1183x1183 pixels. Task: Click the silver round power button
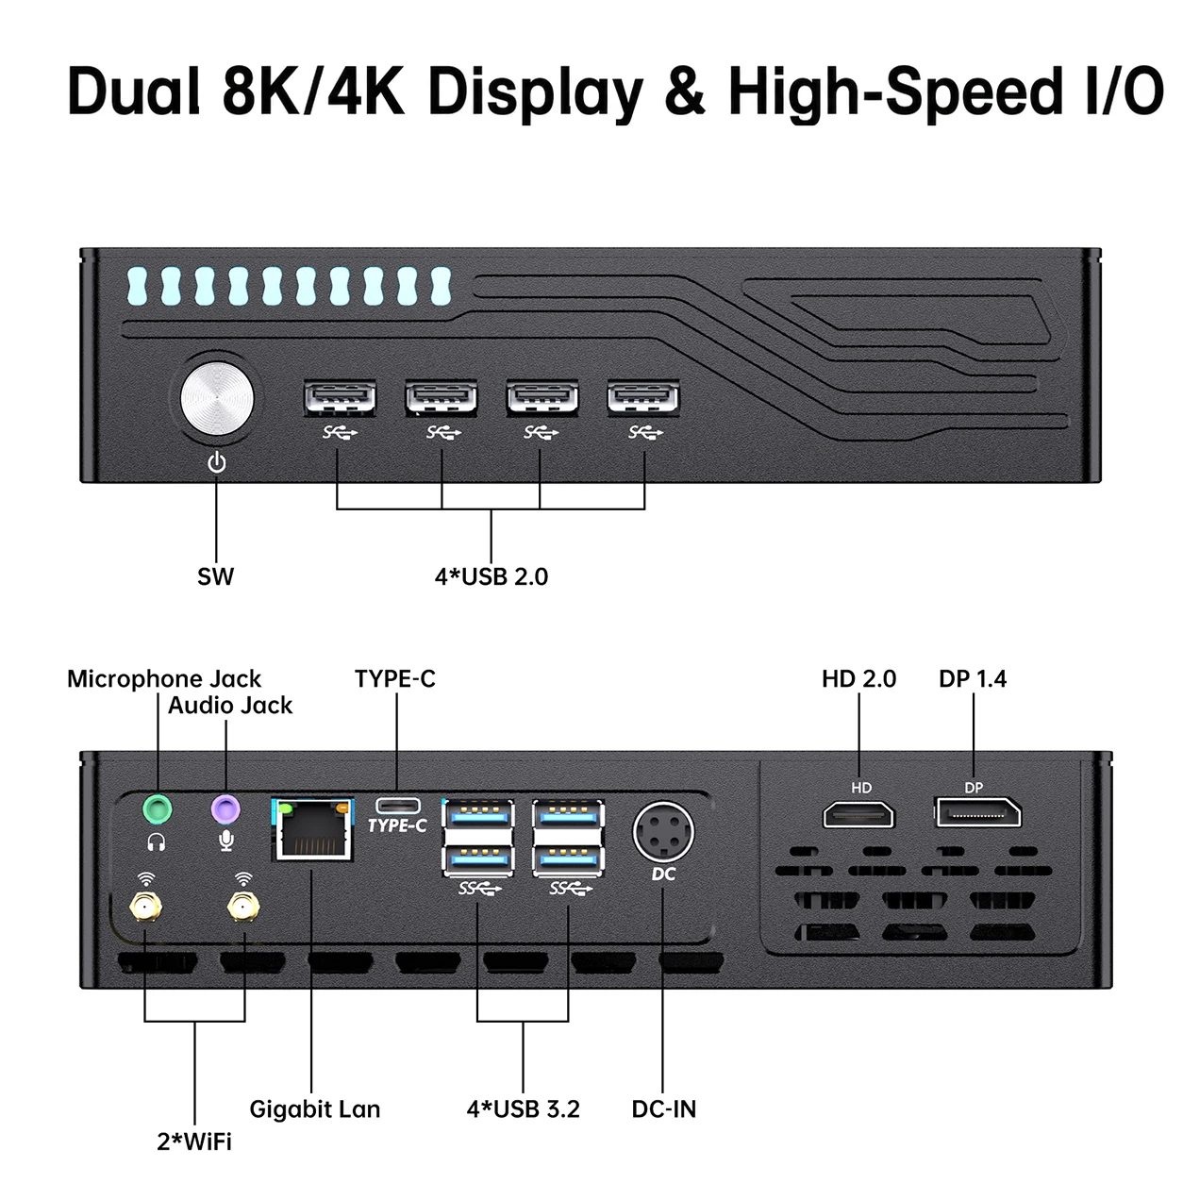point(217,398)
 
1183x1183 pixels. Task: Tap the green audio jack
point(158,809)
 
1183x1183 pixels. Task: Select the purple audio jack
point(225,809)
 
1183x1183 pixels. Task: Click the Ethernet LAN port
point(313,829)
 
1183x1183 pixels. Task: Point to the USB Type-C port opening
point(398,806)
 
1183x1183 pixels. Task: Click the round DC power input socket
point(663,832)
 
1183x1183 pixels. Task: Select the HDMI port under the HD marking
point(858,814)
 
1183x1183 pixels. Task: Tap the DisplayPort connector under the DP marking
point(978,813)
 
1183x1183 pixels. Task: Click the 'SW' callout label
point(215,577)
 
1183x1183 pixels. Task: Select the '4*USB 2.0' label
point(492,577)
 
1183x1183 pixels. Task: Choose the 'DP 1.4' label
point(973,679)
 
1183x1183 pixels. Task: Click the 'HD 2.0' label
point(858,679)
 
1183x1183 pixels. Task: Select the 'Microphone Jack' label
point(164,679)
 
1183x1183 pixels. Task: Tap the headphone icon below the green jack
point(157,842)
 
